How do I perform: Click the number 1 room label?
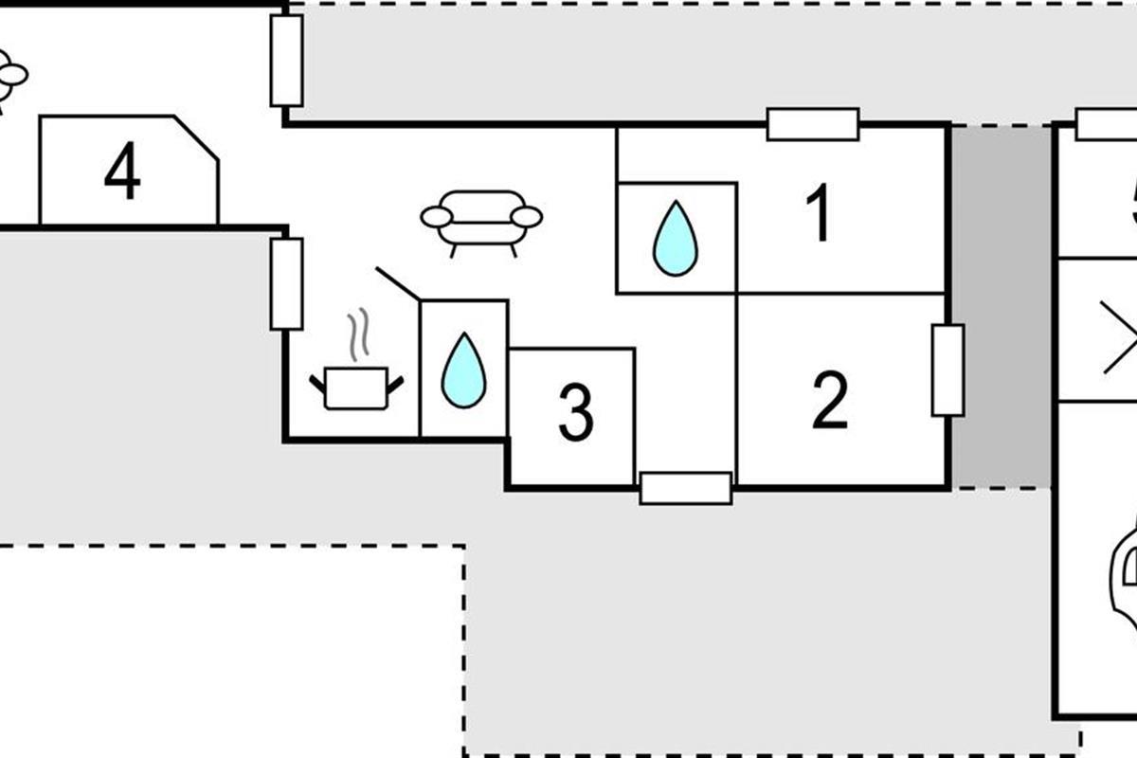pos(819,213)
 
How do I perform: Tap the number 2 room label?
pos(830,402)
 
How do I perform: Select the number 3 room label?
pos(575,414)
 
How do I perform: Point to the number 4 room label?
pos(122,172)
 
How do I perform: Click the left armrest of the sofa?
pos(436,217)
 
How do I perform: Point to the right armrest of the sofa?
pos(527,217)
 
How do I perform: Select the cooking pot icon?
pos(355,387)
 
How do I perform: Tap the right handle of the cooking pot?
pos(394,383)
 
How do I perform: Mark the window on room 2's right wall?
pos(947,370)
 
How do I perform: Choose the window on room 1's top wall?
pos(813,124)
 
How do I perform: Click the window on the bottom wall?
pos(686,488)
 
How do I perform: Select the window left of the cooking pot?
pos(286,283)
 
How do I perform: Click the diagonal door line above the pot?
pos(398,283)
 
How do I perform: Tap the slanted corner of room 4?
pos(197,137)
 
